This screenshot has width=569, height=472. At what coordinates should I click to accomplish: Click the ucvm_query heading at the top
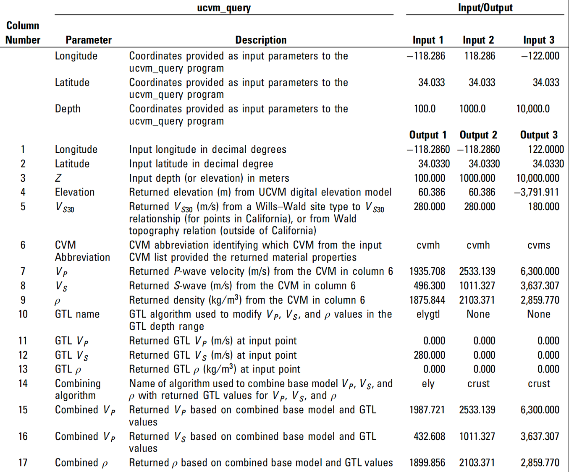224,8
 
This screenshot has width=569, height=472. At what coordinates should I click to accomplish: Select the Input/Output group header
485,8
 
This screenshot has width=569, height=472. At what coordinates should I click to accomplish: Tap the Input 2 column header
478,40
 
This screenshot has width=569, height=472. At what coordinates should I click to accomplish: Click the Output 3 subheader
539,135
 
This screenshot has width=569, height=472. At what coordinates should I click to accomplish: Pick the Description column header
261,40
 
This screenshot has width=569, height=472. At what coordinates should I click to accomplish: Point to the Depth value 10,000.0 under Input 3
533,109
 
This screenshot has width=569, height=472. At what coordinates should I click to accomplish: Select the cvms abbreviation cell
539,245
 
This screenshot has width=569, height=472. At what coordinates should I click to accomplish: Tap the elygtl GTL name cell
428,314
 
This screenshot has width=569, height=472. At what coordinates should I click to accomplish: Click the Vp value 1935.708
427,271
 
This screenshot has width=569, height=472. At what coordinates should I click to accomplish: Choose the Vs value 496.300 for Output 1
429,286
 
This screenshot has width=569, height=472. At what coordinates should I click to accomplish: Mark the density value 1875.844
427,300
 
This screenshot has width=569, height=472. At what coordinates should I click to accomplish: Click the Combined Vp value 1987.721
427,410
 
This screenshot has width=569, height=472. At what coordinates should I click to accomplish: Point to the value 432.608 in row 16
429,436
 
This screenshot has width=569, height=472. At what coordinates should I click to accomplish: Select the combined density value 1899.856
427,463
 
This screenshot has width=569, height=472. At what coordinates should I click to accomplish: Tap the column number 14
23,383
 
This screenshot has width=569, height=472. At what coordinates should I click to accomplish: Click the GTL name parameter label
77,314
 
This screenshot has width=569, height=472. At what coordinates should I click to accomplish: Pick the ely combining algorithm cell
428,383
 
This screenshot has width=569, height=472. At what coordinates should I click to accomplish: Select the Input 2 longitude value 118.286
480,56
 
